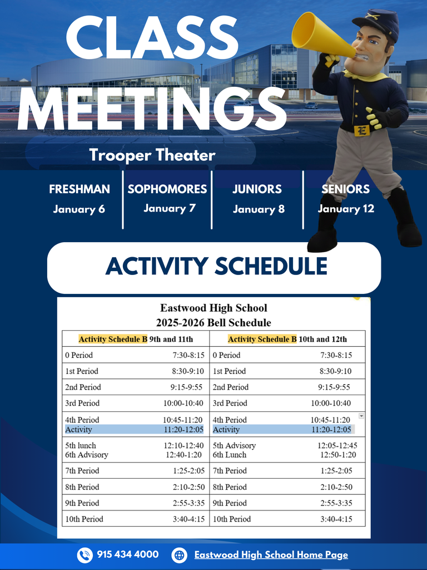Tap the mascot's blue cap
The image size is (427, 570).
coord(378,22)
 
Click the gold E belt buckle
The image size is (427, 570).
coord(361,131)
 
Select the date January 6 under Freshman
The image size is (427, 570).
coord(79,209)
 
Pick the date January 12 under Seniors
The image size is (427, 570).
coord(346,209)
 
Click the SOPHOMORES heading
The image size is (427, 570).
coord(167,189)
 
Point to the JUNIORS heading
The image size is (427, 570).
coord(257,189)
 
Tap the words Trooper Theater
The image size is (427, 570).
coord(152,155)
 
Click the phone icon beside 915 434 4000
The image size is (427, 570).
coord(85,555)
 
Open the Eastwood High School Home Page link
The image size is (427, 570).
coord(271,555)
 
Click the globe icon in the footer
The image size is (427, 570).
coord(179,555)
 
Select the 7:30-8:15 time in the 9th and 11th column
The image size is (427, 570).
coord(188,355)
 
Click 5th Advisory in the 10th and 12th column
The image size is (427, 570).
coord(234,445)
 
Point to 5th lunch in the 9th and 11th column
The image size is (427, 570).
coord(81,445)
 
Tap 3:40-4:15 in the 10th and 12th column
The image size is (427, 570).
coord(336,519)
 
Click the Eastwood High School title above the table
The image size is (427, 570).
coord(213,308)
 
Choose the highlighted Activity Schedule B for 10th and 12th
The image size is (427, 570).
coord(262,339)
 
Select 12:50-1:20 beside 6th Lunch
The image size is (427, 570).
coord(337,455)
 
